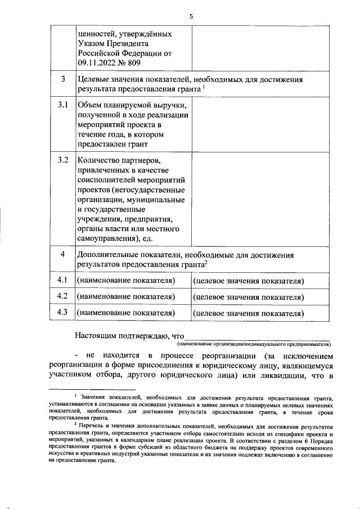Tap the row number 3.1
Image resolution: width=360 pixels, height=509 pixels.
[x=63, y=105]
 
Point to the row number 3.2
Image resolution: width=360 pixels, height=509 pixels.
[x=63, y=160]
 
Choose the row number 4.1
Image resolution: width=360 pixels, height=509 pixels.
[x=63, y=280]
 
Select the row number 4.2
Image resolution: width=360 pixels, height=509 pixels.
[x=63, y=296]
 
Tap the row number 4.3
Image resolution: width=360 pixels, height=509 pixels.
[x=63, y=313]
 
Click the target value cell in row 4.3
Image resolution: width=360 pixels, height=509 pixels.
[x=248, y=313]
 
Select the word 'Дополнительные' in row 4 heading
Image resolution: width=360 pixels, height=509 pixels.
[x=110, y=255]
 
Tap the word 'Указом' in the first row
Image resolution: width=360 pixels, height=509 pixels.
[x=91, y=43]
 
